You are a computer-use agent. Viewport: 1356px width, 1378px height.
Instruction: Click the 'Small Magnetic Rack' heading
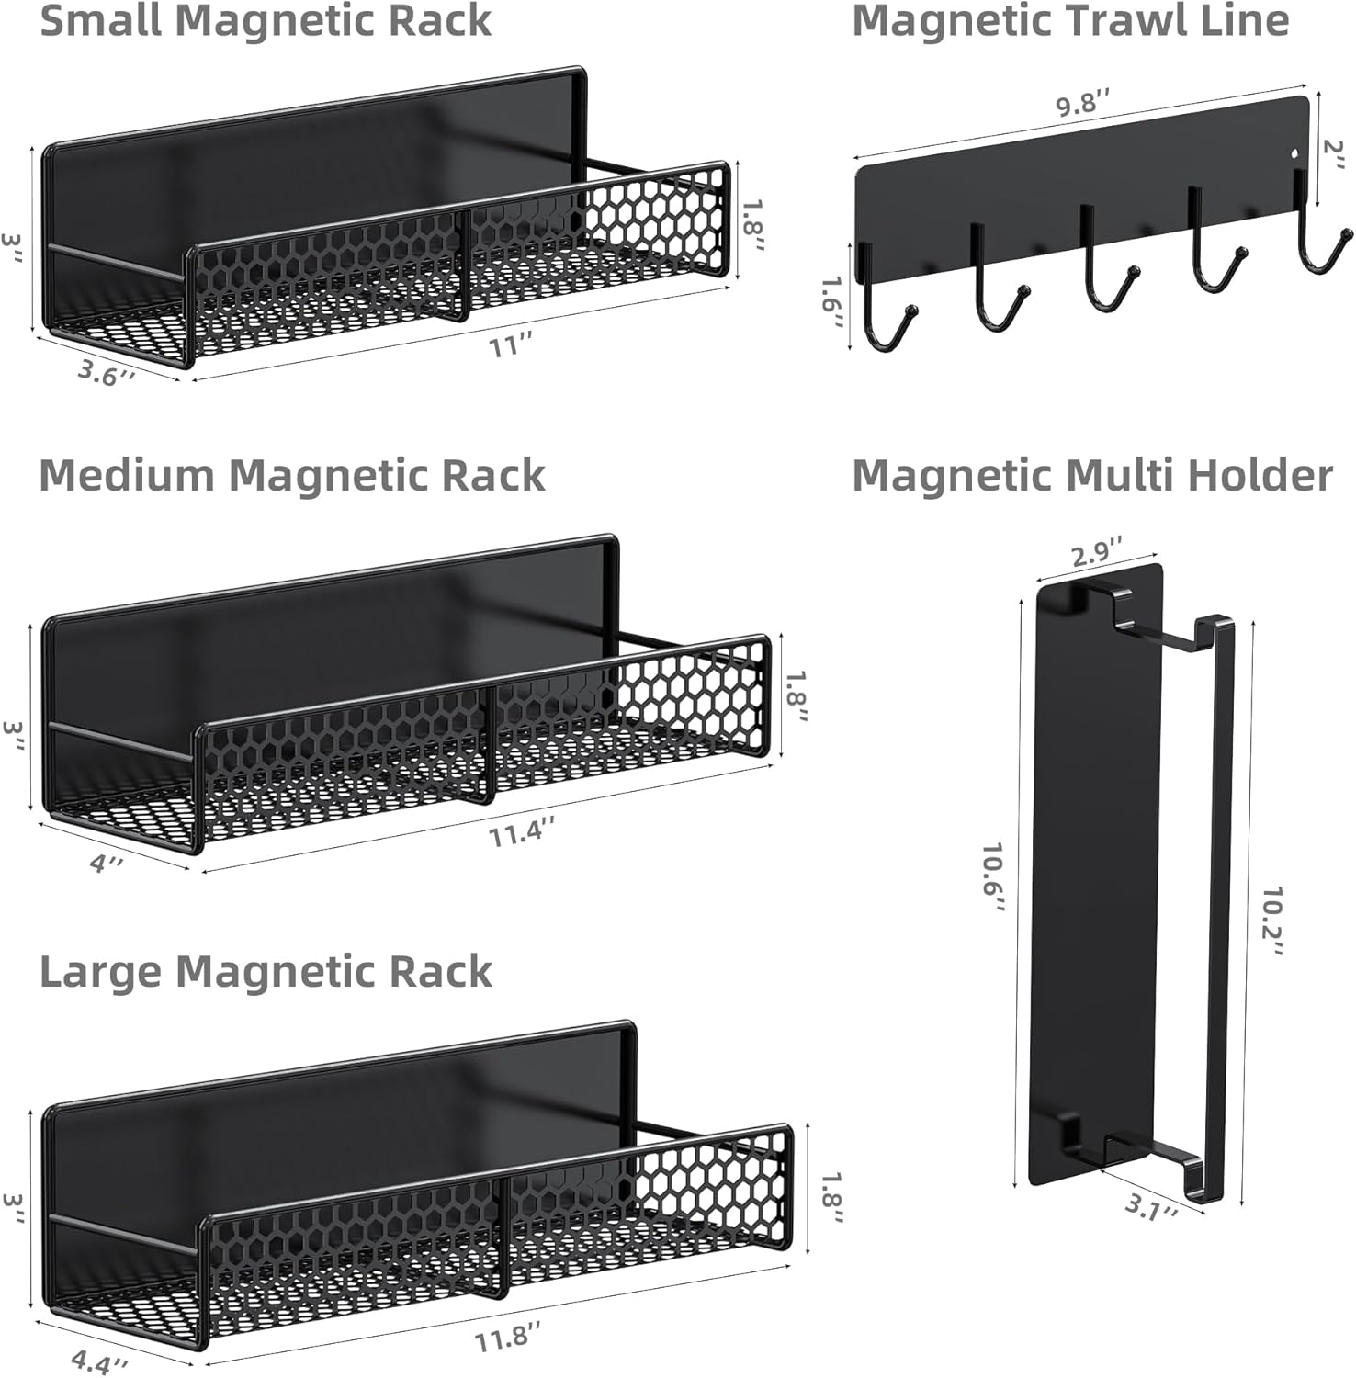(x=266, y=20)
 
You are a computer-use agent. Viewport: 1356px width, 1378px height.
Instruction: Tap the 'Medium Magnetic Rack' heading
(x=292, y=475)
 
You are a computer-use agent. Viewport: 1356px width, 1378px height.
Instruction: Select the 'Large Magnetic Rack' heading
(x=266, y=971)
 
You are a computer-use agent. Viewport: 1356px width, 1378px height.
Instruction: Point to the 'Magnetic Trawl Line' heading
(x=1070, y=20)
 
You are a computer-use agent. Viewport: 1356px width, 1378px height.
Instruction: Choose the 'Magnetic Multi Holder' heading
(x=1092, y=475)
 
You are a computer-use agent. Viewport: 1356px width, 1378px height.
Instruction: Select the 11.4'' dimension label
(x=522, y=835)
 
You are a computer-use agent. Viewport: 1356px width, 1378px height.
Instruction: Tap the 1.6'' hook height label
(x=833, y=302)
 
